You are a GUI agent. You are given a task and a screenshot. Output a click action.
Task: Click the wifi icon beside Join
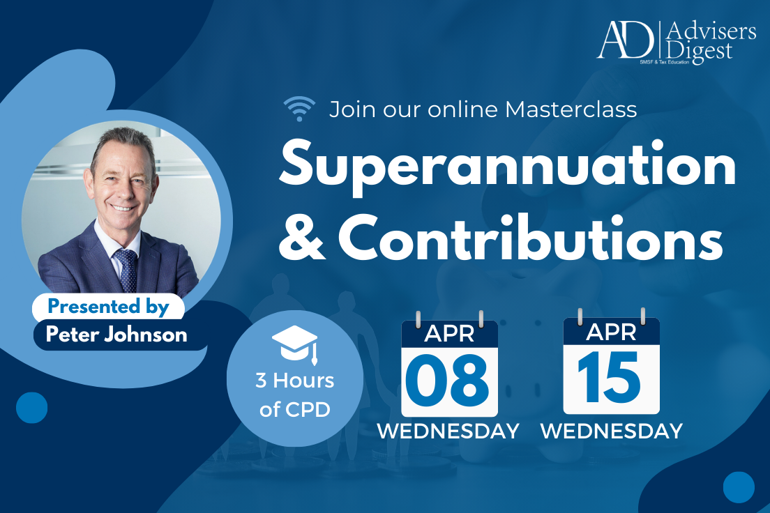tap(299, 109)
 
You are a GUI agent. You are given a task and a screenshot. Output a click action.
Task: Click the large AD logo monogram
tap(626, 40)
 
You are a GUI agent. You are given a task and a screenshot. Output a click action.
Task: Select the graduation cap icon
tap(294, 343)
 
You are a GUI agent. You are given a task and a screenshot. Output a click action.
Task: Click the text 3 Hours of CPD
tap(295, 395)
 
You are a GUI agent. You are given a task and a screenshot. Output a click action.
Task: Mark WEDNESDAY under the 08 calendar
tap(448, 431)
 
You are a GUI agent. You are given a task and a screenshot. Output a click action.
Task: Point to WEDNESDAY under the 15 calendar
tap(611, 431)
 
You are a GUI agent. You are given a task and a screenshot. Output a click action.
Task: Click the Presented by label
tap(109, 307)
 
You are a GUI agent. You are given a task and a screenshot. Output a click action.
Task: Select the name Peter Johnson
tap(116, 334)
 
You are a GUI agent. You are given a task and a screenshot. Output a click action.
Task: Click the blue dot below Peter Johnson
tap(31, 407)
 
